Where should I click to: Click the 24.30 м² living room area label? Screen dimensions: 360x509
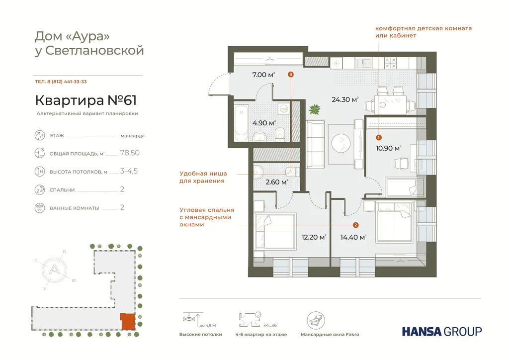click(x=345, y=99)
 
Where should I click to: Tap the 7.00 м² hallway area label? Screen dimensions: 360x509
click(x=263, y=75)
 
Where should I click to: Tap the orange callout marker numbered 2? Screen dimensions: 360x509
click(x=355, y=224)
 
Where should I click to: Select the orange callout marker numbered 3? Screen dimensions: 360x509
click(x=291, y=75)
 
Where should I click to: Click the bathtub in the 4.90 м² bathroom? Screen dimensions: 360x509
click(x=241, y=122)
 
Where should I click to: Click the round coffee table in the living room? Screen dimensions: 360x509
click(x=341, y=144)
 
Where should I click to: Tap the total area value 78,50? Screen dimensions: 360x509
click(x=130, y=153)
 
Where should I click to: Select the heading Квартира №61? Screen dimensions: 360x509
click(x=85, y=100)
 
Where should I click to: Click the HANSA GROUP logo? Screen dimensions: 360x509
click(x=441, y=331)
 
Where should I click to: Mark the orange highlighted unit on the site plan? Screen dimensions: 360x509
click(x=127, y=321)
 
